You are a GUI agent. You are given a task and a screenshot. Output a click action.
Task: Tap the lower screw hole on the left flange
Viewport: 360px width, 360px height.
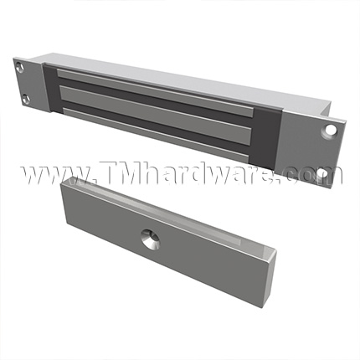coord(28,100)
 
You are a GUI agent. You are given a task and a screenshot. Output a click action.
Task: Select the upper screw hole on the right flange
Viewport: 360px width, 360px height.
coord(331,130)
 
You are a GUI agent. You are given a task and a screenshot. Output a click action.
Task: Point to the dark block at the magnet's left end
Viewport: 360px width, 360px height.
coord(48,86)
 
